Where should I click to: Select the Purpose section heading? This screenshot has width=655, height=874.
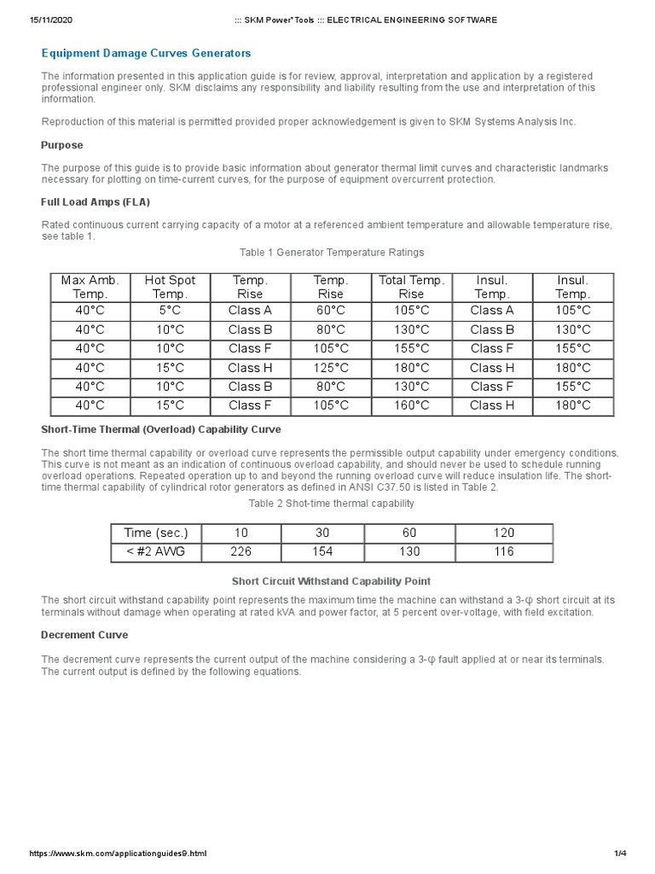62,145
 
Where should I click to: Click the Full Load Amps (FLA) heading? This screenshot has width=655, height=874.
96,202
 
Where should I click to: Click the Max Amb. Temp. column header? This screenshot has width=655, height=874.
90,287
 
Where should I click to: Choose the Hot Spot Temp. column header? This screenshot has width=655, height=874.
170,287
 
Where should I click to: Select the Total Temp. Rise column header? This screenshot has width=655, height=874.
411,287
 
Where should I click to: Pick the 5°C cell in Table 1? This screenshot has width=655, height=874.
170,311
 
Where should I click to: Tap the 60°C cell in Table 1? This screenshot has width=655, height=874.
330,311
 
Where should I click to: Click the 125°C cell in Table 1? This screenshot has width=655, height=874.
330,368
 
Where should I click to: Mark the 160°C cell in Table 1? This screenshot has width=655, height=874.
411,405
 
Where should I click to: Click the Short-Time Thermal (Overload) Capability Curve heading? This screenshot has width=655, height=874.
161,429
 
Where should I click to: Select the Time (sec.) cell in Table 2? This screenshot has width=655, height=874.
162,533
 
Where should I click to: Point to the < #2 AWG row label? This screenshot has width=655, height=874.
162,551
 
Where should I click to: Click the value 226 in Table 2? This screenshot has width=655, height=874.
242,551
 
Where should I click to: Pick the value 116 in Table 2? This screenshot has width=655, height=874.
504,551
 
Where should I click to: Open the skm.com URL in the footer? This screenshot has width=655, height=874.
119,854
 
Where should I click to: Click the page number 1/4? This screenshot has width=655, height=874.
620,854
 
